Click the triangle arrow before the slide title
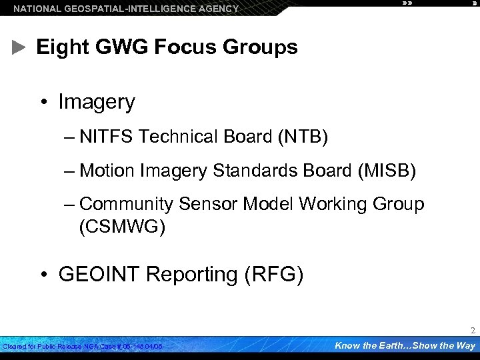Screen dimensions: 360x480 coord(19,47)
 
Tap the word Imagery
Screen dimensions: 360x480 coord(97,102)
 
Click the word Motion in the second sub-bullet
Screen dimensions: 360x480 coord(107,171)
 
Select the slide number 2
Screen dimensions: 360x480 coord(473,331)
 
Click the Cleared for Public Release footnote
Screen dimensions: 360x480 coord(83,347)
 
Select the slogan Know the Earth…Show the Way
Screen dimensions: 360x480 coord(405,345)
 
